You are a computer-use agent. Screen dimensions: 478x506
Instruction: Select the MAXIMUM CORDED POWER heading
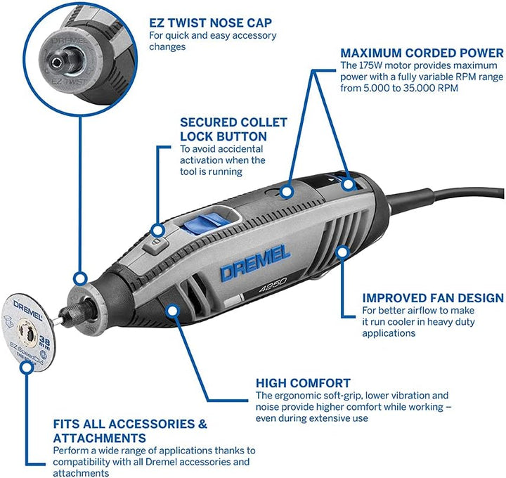point(422,53)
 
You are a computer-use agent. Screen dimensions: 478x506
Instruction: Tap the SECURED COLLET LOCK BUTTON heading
point(224,129)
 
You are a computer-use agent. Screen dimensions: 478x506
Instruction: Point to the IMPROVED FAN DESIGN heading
point(433,298)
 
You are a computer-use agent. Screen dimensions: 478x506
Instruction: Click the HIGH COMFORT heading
point(303,383)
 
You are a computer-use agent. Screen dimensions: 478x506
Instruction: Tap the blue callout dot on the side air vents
point(342,252)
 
